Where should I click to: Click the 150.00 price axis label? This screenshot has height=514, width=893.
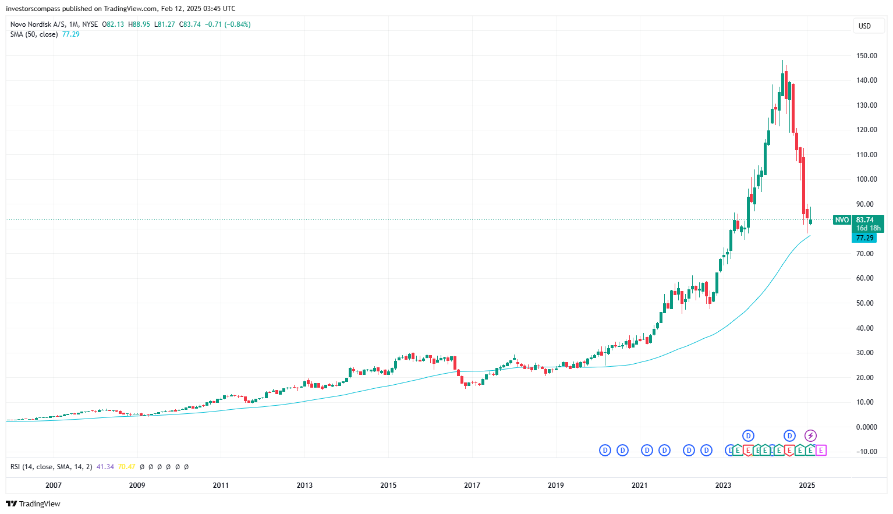[866, 56]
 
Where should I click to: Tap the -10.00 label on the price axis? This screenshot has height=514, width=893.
[866, 452]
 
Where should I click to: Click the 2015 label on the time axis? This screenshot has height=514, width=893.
[388, 485]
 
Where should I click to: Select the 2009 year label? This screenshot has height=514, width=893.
[137, 485]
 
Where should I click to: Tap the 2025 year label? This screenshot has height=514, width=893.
[807, 485]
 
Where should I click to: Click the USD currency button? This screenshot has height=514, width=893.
[864, 26]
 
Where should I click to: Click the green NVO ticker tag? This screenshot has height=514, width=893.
[842, 220]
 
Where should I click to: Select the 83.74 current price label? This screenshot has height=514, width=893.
[865, 220]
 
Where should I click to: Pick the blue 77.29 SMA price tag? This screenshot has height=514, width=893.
[864, 238]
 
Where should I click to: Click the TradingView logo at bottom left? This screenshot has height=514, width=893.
[33, 504]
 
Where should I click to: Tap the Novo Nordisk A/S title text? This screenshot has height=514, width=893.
[38, 24]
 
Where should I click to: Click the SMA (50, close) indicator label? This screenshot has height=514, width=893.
[34, 34]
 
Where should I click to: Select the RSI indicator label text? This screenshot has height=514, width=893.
[51, 467]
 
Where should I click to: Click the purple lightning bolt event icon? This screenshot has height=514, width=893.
[810, 435]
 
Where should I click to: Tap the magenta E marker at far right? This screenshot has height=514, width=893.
[821, 450]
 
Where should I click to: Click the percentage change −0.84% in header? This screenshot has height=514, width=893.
[238, 24]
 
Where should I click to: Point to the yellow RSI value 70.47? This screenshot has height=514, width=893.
[126, 467]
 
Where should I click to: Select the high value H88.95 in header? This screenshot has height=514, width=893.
[139, 24]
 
